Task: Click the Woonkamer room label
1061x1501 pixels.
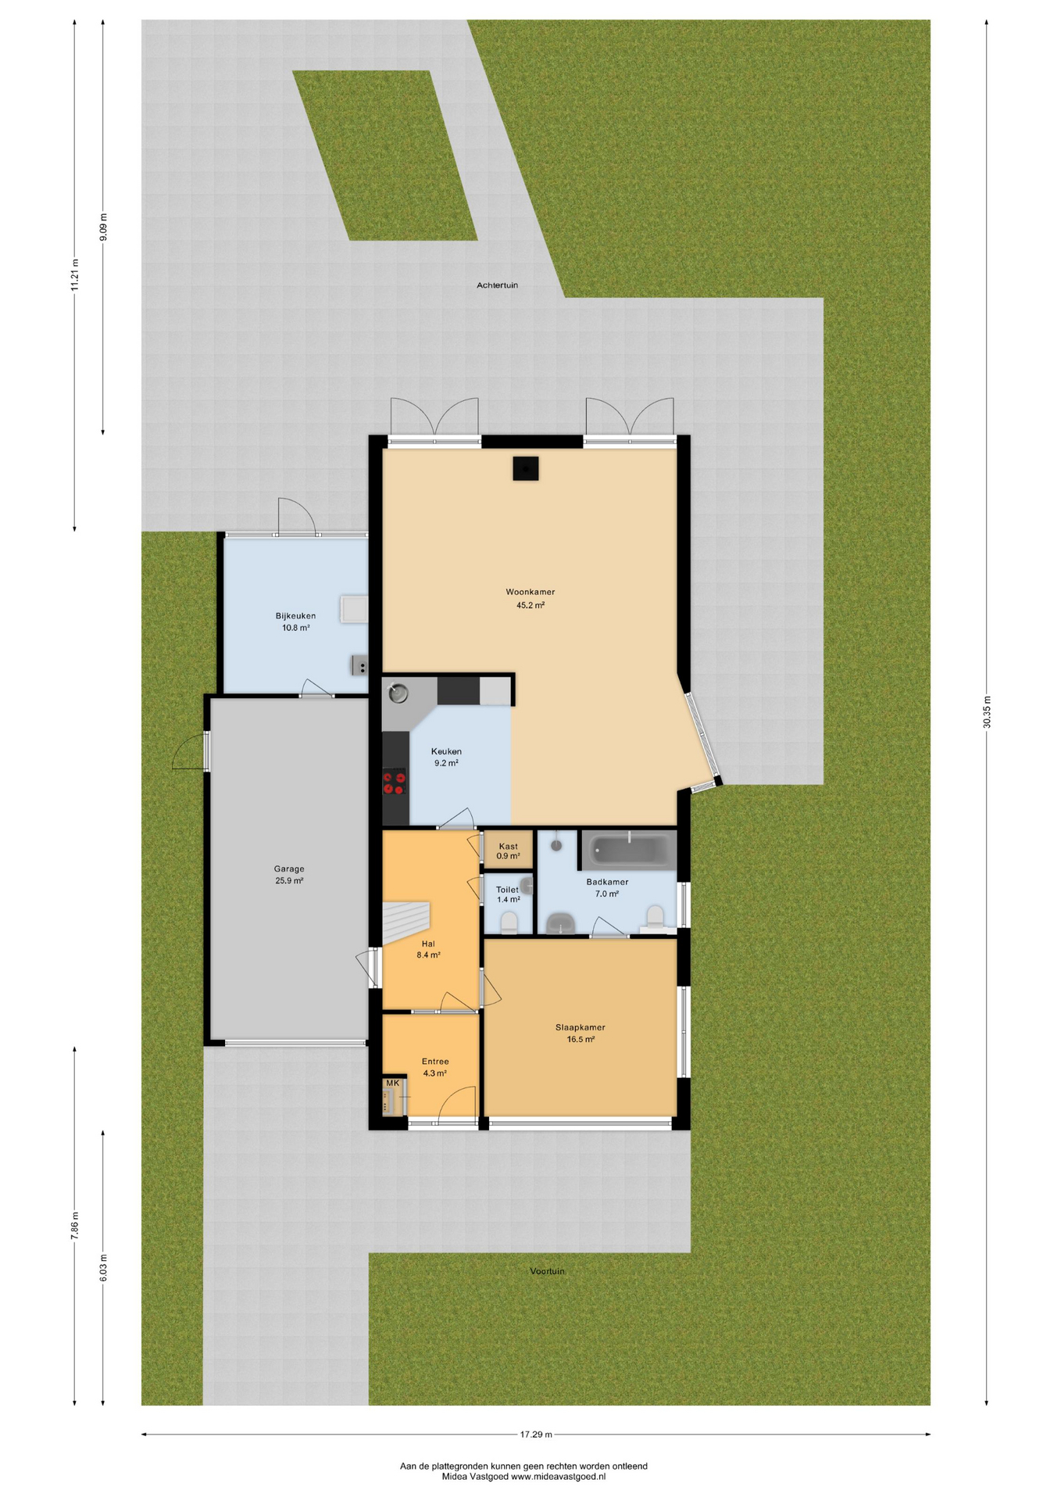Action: click(x=530, y=592)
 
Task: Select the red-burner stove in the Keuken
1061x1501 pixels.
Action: click(x=395, y=782)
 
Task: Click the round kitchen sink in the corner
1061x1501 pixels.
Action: click(x=398, y=693)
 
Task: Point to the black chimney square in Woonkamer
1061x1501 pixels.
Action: click(x=526, y=468)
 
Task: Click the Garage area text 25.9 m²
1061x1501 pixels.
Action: click(x=289, y=880)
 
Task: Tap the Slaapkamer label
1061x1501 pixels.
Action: click(x=581, y=1027)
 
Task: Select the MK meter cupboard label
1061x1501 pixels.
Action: click(x=392, y=1083)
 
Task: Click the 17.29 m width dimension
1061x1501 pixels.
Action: click(x=536, y=1435)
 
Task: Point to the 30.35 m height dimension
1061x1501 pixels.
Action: click(x=987, y=712)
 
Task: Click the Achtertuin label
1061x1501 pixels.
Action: click(x=498, y=285)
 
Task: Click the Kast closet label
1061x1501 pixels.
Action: click(x=508, y=846)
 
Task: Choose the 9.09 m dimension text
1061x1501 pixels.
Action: click(x=103, y=227)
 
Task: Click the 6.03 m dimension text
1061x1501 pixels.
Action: click(x=103, y=1267)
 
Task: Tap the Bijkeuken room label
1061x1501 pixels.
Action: click(x=295, y=616)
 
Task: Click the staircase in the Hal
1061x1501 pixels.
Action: click(x=405, y=923)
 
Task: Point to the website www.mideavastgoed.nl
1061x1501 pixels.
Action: click(x=558, y=1477)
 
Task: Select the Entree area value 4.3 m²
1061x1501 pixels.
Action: click(x=435, y=1073)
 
